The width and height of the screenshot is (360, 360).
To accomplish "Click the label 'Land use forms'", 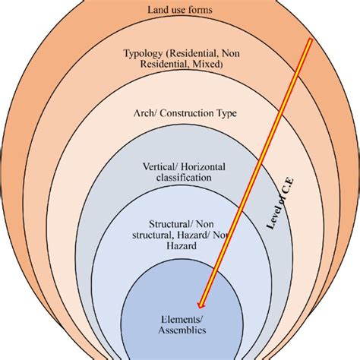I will point(180,10).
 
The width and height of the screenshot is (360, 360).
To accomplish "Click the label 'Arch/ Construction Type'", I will point(180,114).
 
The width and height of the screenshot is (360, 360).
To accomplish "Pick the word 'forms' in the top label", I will point(203,10).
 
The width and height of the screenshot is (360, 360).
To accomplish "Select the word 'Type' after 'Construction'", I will point(226,114).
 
